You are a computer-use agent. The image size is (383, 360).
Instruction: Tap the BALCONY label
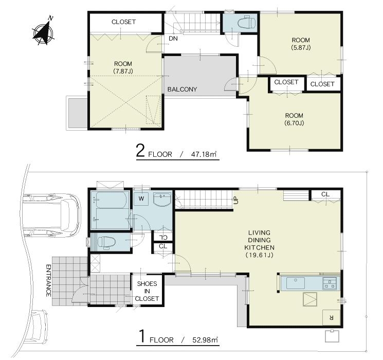tap(182, 89)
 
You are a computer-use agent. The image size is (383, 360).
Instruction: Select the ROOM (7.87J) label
tap(123, 67)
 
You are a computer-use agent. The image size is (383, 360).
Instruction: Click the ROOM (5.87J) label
tap(301, 44)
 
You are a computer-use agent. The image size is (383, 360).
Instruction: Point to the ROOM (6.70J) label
tap(294, 119)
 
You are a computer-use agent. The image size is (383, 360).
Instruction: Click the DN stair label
tap(172, 39)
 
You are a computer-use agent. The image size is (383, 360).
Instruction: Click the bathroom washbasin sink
tap(163, 199)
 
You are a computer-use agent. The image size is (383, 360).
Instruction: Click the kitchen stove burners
tap(329, 282)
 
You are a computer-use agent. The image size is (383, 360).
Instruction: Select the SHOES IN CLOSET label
tap(147, 291)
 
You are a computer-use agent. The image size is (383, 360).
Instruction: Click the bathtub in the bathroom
tap(111, 211)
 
